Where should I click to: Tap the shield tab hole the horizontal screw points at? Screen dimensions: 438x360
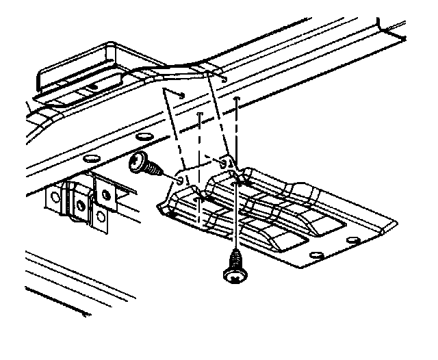(180, 179)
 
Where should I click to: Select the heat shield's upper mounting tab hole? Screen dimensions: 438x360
(226, 164)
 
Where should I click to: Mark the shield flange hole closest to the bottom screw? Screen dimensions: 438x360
(315, 255)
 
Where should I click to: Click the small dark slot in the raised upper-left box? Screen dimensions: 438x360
(90, 87)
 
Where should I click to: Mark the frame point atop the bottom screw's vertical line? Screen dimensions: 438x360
(236, 100)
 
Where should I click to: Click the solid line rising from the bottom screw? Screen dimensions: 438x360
(236, 219)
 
